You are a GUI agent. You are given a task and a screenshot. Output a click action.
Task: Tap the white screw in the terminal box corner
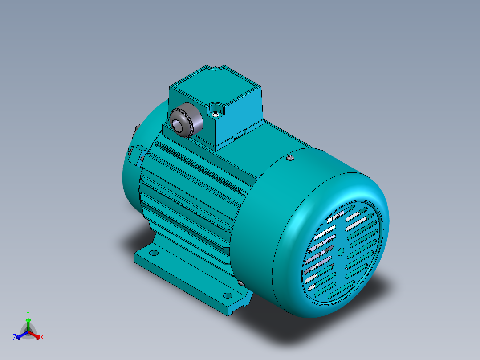pyautogui.click(x=216, y=114)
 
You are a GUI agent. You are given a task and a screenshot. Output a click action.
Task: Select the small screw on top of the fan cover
pyautogui.click(x=290, y=157)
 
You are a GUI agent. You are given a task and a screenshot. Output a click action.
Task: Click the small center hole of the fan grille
pyautogui.click(x=341, y=252)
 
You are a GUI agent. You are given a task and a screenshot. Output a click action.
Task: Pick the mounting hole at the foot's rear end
pyautogui.click(x=154, y=253)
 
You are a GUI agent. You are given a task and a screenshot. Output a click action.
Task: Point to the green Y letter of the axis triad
pyautogui.click(x=28, y=313)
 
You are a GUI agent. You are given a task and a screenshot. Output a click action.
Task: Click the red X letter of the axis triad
pyautogui.click(x=42, y=338)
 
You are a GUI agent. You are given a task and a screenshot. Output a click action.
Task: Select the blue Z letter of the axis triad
pyautogui.click(x=15, y=338)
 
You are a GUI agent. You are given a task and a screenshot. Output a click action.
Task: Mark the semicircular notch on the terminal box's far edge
pyautogui.click(x=216, y=67)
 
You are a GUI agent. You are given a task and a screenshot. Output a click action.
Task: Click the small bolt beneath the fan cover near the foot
pyautogui.click(x=241, y=283)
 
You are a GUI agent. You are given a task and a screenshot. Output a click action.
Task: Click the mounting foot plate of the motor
pyautogui.click(x=187, y=274)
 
